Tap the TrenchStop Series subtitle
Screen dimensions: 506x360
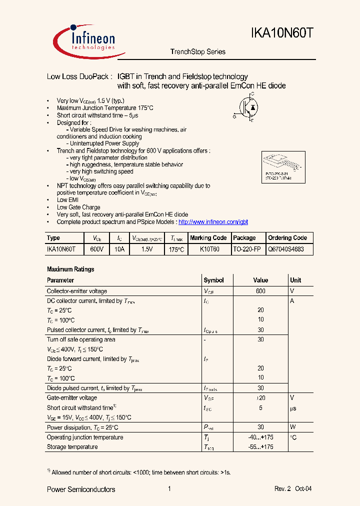pyautogui.click(x=198, y=52)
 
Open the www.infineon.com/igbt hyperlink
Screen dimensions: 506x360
pyautogui.click(x=213, y=222)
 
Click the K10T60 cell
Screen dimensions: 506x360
pyautogui.click(x=209, y=249)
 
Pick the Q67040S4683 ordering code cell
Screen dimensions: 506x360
pyautogui.click(x=286, y=249)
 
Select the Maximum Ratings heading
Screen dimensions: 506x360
pyautogui.click(x=70, y=269)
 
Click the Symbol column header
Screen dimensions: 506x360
pyautogui.click(x=213, y=280)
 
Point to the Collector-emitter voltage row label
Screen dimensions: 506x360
pyautogui.click(x=76, y=291)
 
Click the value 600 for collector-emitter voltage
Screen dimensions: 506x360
pyautogui.click(x=260, y=291)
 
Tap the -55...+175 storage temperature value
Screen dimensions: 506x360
pyautogui.click(x=260, y=447)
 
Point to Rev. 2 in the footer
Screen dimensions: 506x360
pyautogui.click(x=282, y=489)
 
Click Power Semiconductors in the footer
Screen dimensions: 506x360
pyautogui.click(x=81, y=489)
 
